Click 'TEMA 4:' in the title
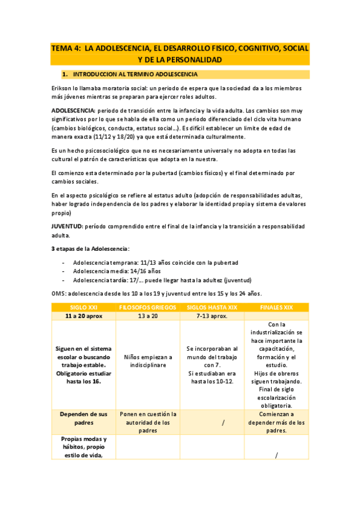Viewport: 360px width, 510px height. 65,48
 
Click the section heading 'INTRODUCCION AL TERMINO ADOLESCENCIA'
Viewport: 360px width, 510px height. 136,75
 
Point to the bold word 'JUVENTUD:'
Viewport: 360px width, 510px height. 67,226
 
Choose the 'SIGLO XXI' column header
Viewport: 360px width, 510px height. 84,307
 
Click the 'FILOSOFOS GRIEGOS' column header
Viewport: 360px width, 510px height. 147,307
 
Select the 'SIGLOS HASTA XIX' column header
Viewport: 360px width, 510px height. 212,307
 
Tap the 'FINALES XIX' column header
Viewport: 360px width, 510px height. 276,307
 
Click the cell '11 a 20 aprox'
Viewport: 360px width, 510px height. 84,316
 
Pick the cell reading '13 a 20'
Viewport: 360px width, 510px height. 147,316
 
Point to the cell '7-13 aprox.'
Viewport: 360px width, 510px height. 212,316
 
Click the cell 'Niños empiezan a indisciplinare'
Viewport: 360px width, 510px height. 147,361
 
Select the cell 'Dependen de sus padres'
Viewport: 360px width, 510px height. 84,418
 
